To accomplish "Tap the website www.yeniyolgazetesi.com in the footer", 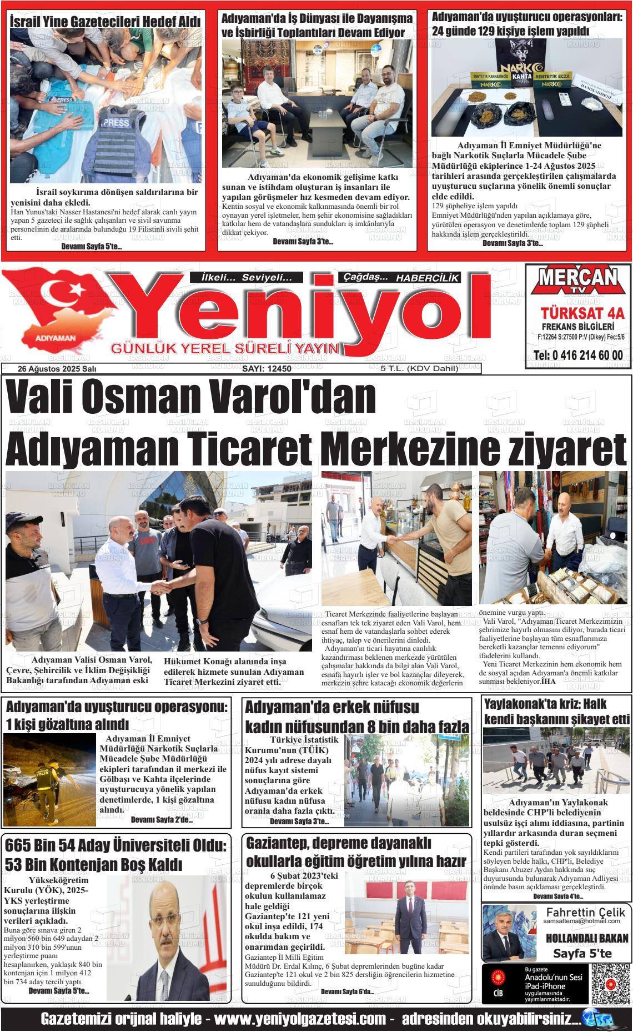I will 300,1019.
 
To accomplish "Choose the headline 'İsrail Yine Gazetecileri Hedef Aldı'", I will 105,21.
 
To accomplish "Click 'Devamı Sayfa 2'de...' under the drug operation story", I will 162,820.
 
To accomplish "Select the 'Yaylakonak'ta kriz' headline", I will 557,712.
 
